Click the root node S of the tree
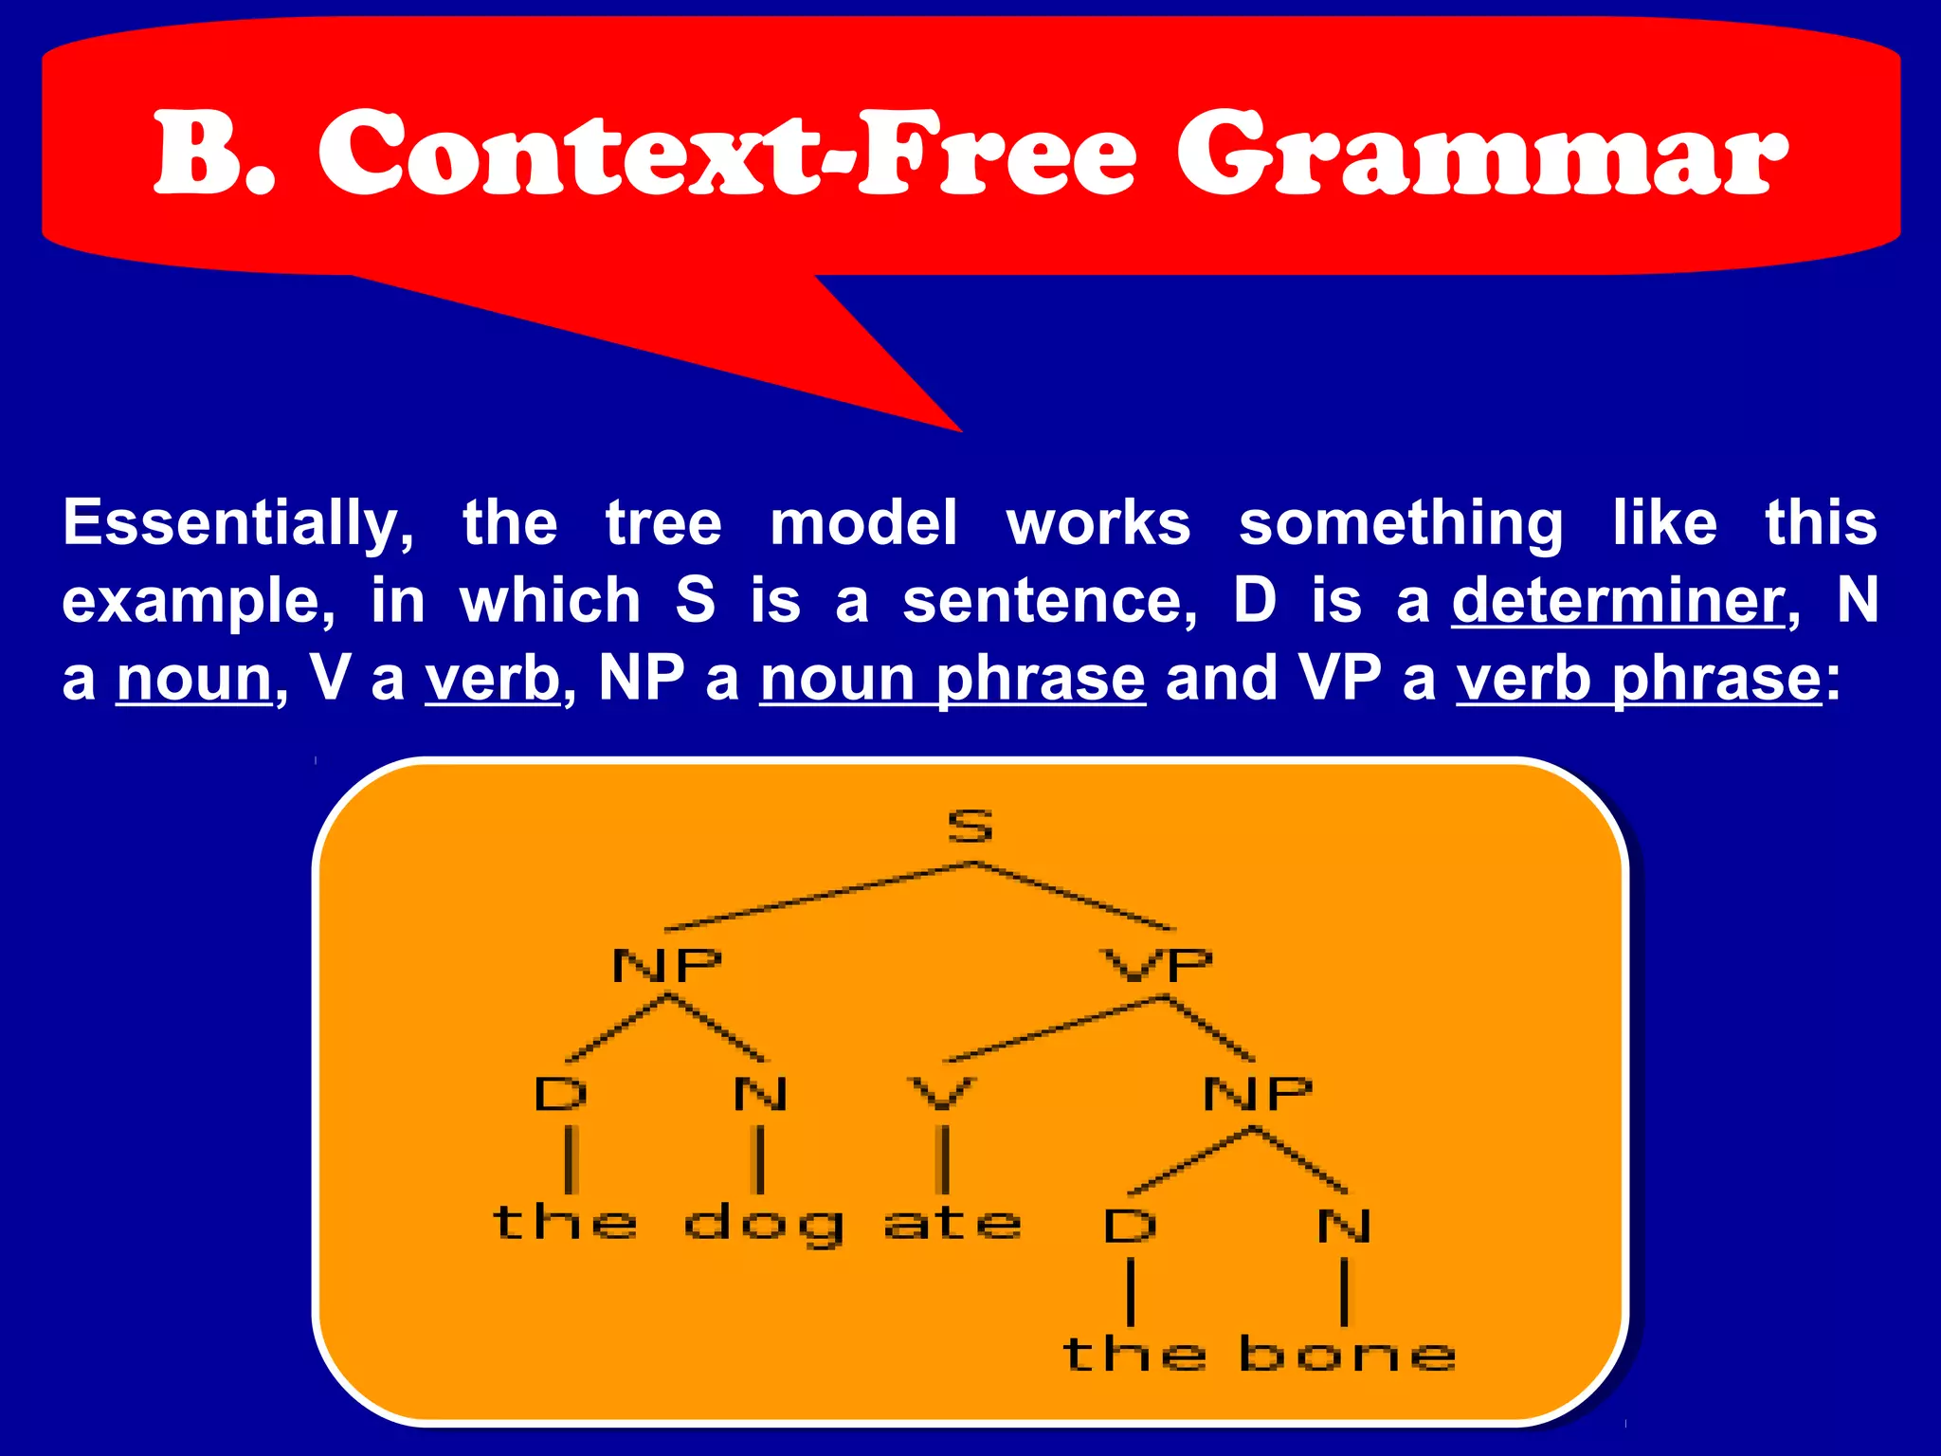point(970,827)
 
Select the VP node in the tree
point(1158,966)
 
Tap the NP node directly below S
point(667,966)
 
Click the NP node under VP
point(1257,1094)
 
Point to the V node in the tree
point(941,1094)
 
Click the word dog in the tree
point(763,1225)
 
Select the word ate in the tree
point(952,1224)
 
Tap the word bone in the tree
point(1347,1354)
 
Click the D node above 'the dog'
point(561,1094)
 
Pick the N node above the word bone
point(1344,1226)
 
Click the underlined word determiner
point(1618,601)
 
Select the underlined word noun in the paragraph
point(194,679)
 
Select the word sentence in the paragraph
point(1047,601)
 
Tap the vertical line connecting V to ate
point(943,1158)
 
